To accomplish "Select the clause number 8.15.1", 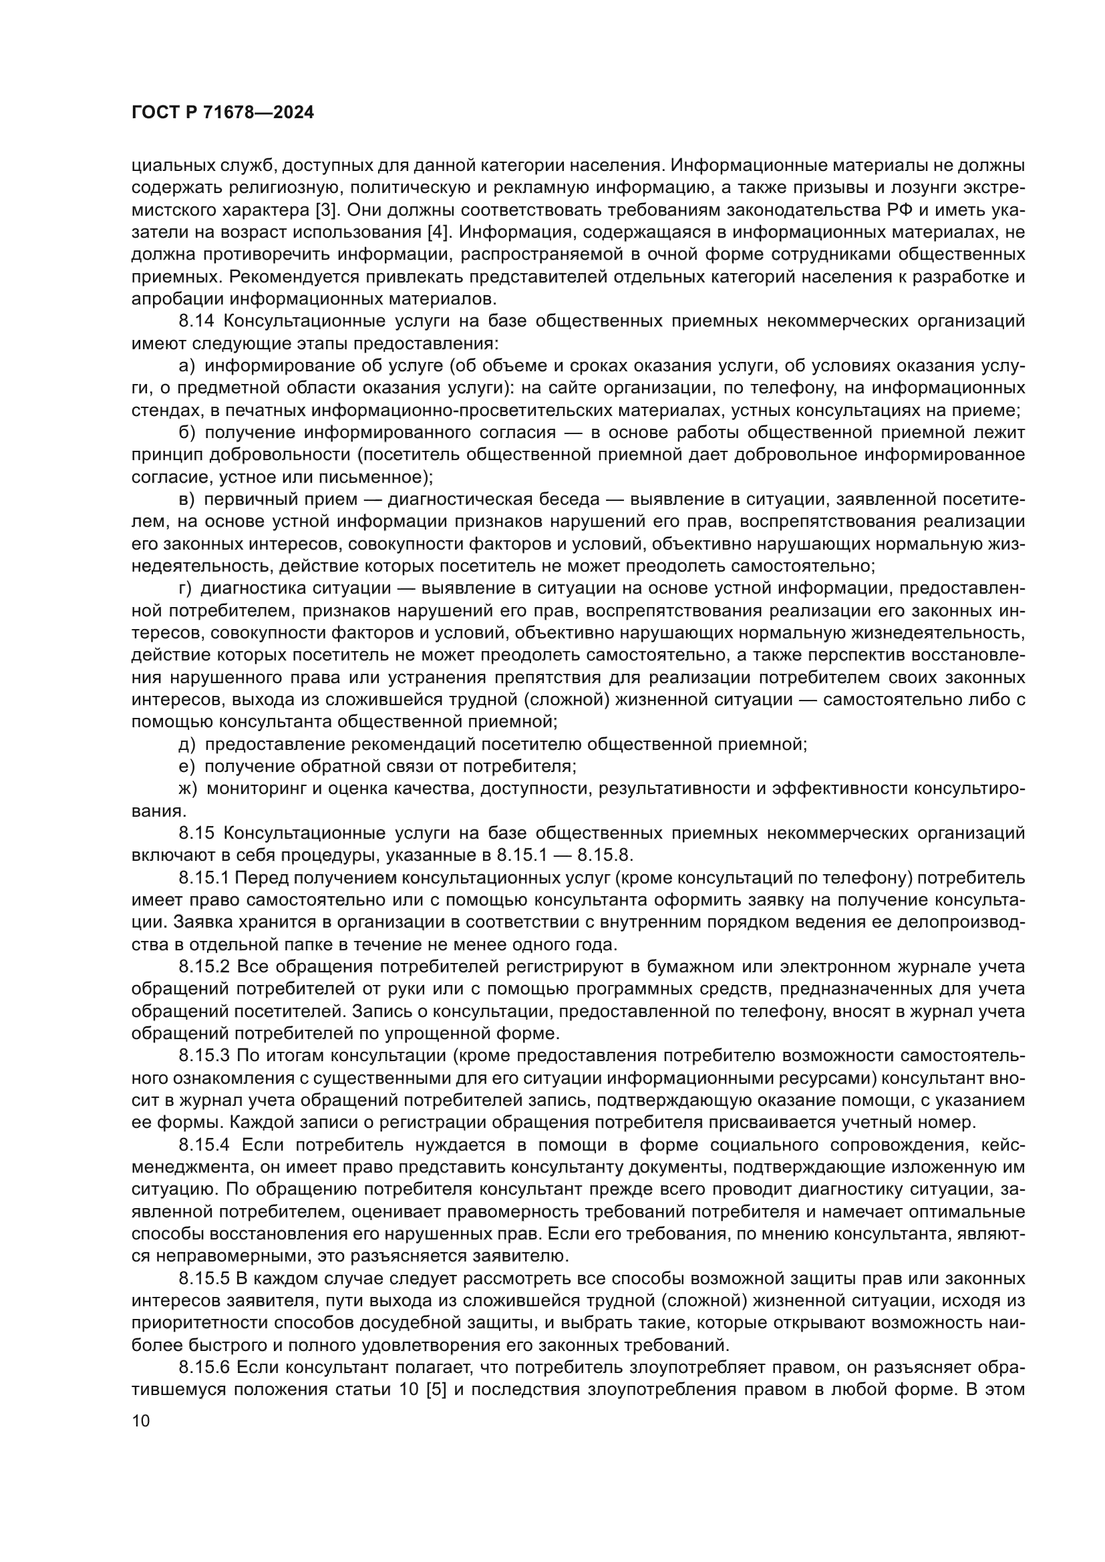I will tap(204, 878).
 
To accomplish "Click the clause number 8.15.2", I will tap(204, 968).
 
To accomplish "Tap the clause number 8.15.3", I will tap(204, 1056).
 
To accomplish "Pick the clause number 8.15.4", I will tap(204, 1146).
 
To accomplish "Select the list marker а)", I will tap(187, 367).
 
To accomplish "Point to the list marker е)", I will tap(187, 767).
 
